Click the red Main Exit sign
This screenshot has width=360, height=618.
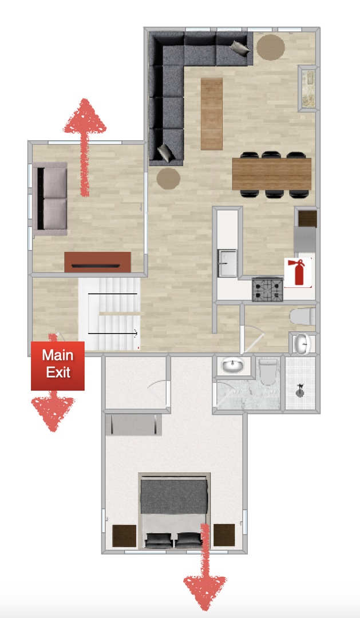pos(58,366)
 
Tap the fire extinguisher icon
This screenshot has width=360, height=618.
pos(298,272)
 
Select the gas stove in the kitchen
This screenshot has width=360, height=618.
pos(267,290)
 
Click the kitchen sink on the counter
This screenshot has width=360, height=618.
pos(227,263)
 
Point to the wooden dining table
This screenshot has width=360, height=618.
pos(272,174)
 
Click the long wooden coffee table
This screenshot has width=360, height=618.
pos(212,114)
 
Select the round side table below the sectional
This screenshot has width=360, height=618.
pos(168,179)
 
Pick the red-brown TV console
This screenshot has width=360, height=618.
pos(97,262)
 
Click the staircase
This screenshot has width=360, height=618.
pos(110,314)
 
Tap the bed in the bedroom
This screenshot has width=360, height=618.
pos(175,511)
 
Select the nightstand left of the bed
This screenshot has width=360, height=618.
pos(124,536)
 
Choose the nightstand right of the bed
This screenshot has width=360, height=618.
pos(224,535)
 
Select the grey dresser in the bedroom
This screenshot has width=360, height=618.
pos(134,425)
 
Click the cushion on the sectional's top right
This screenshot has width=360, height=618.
pos(240,47)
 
